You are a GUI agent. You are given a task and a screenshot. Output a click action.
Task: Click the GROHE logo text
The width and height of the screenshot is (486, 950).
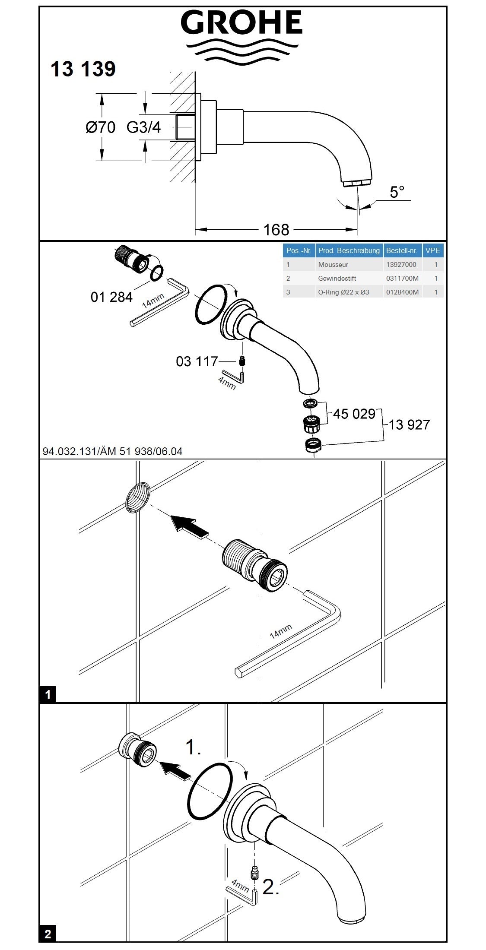[241, 24]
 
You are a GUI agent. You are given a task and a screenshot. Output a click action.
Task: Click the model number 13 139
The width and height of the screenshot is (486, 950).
[83, 69]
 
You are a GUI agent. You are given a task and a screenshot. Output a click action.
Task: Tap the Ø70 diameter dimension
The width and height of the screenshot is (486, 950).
[100, 127]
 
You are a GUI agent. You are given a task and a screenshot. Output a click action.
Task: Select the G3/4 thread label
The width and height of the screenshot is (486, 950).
[143, 127]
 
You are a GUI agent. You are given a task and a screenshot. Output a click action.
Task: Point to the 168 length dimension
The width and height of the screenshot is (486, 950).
[276, 230]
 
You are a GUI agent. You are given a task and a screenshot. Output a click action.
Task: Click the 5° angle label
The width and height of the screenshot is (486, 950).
[397, 192]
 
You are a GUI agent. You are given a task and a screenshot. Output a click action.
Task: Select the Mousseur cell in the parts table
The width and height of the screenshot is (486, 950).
[333, 265]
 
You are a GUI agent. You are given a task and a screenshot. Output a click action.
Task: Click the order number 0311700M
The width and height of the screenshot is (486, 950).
[402, 279]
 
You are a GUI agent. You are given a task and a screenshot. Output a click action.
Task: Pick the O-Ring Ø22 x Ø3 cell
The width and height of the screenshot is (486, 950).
[343, 292]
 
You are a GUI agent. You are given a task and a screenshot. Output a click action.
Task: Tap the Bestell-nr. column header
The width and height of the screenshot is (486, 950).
[401, 250]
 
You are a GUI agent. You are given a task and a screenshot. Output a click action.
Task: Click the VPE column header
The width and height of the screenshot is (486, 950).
[432, 250]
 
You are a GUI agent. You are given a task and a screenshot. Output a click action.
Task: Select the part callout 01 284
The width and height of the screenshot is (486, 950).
[111, 297]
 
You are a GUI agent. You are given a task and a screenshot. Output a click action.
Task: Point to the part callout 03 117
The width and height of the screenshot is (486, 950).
[197, 361]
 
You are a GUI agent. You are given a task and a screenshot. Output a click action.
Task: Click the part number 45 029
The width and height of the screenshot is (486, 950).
[354, 414]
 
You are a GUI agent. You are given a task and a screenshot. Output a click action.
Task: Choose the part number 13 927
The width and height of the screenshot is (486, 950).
[409, 425]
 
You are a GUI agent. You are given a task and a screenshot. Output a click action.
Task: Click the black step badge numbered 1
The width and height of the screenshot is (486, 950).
[48, 695]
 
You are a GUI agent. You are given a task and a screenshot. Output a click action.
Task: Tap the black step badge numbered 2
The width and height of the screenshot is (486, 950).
[48, 934]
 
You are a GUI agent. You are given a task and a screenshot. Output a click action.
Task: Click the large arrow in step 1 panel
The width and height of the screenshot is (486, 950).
[189, 527]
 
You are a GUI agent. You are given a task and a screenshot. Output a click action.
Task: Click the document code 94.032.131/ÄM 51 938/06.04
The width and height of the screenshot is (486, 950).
[112, 452]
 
